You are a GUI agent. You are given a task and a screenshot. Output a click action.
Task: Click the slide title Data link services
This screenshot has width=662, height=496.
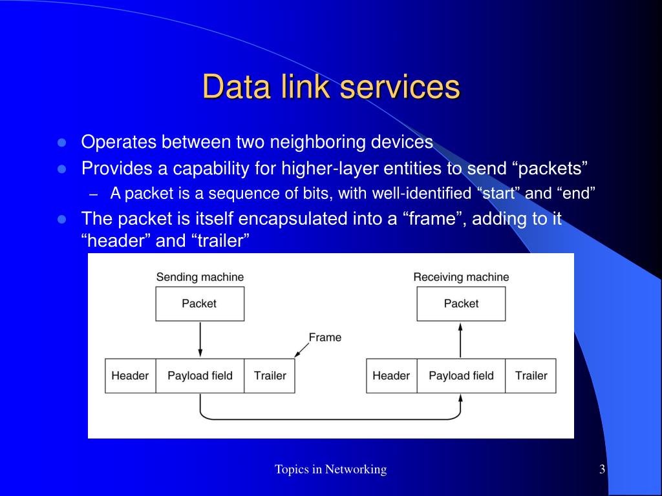330,87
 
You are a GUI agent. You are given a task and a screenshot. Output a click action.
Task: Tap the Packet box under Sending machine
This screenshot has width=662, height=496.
199,304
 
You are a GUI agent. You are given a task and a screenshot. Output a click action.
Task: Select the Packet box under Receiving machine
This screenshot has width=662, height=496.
461,304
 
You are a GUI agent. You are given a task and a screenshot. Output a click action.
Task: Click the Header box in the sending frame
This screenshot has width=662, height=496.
130,376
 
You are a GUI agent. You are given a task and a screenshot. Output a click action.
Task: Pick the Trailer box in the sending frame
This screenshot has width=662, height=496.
270,376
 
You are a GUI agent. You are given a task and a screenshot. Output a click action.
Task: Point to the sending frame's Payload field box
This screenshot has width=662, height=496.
200,376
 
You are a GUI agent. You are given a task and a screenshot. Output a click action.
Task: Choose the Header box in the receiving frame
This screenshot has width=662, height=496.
391,376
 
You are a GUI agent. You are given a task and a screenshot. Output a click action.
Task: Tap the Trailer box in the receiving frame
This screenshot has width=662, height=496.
531,376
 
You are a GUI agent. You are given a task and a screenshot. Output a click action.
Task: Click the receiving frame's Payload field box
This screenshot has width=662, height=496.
461,376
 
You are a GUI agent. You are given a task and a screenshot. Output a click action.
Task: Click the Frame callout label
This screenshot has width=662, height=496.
325,337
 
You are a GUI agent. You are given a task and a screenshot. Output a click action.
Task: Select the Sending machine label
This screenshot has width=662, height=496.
200,277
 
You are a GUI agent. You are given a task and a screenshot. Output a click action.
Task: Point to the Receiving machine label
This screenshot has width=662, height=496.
461,277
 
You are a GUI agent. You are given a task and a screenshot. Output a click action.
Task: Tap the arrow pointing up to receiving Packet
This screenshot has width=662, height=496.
461,340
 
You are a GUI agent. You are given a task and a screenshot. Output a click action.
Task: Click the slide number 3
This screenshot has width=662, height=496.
602,470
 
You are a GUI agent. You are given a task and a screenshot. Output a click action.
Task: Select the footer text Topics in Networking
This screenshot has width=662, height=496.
330,470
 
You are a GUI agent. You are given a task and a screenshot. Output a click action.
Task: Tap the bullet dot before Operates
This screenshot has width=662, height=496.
62,142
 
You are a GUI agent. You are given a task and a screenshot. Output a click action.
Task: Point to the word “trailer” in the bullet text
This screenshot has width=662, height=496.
220,242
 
